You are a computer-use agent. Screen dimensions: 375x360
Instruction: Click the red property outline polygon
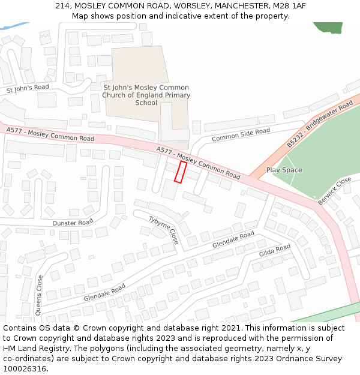pos(180,172)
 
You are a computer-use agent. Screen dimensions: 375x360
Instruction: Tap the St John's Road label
pos(28,88)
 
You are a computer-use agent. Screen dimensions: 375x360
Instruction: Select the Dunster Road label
pos(73,223)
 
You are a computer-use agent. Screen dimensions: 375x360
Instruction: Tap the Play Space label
pos(284,170)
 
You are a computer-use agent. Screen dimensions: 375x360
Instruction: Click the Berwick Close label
pos(334,191)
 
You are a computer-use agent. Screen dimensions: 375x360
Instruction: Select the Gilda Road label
pos(275,251)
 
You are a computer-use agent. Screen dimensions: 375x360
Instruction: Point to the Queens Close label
pos(40,295)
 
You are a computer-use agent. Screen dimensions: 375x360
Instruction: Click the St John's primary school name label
pos(146,95)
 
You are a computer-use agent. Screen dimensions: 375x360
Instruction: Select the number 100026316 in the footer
pos(25,369)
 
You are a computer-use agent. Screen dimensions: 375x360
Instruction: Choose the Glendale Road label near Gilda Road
pos(233,239)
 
